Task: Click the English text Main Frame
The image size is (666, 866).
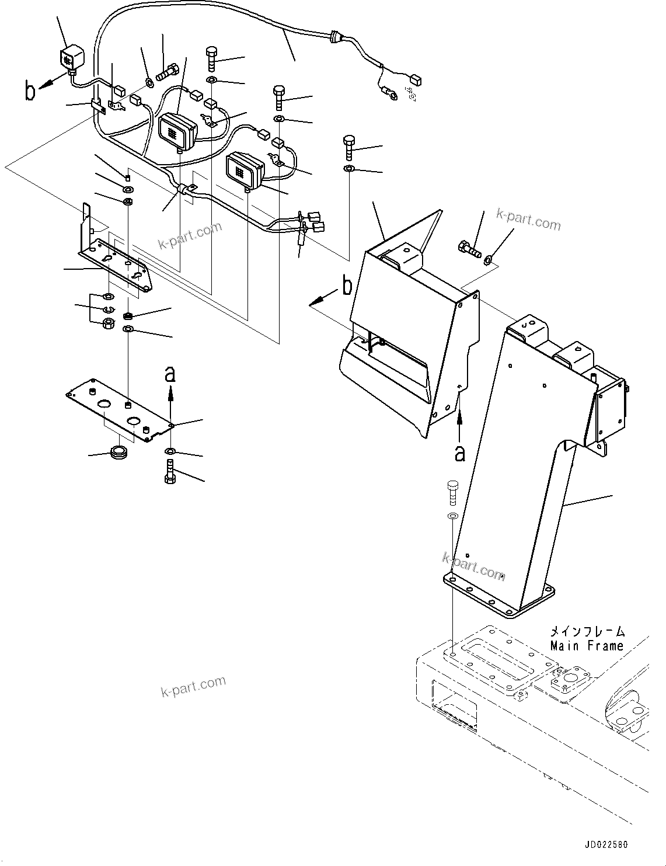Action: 587,646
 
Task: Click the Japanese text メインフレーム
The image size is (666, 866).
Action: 587,632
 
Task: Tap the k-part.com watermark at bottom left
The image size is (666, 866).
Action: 193,686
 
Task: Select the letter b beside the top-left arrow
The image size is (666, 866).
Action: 30,92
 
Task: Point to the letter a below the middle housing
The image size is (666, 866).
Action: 460,453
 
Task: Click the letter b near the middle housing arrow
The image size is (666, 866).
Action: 347,287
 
